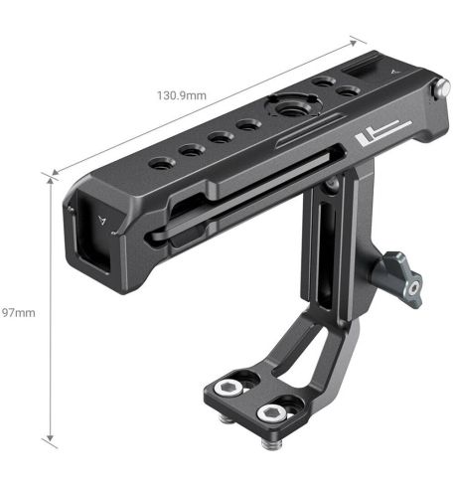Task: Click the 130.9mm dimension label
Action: tap(182, 95)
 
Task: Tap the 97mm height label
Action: tap(19, 312)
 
